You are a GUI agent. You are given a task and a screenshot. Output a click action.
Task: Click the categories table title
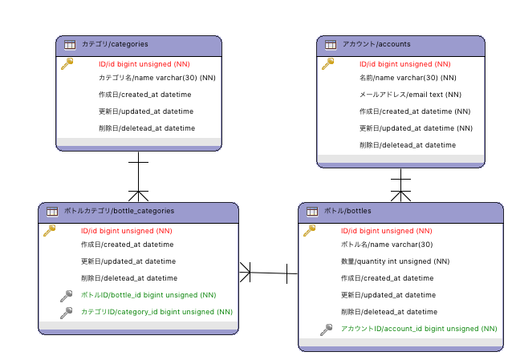point(115,44)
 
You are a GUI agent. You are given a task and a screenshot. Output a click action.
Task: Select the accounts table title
point(376,44)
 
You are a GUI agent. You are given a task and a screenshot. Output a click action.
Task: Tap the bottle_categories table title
point(120,211)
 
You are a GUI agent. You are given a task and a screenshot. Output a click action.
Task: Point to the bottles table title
point(347,211)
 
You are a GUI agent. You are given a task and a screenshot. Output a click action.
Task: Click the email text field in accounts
point(410,95)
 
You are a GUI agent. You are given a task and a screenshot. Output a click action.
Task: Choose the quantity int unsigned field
point(396,261)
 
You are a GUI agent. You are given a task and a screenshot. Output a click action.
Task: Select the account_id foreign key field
point(419,329)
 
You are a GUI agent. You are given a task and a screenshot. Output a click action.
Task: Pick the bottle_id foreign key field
point(148,295)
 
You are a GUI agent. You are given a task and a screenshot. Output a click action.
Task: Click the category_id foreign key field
point(156,312)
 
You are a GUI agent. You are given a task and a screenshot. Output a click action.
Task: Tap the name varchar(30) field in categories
point(157,78)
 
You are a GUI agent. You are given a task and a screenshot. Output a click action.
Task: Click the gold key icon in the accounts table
point(328,63)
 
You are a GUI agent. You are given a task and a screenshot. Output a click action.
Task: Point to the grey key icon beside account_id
point(326,330)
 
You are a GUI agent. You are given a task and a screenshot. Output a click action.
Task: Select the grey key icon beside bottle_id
point(67,296)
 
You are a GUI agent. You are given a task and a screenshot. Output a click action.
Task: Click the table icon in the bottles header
point(312,212)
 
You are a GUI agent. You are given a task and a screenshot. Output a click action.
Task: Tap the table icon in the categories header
point(70,45)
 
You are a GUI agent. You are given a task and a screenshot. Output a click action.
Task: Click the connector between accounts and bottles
point(400,185)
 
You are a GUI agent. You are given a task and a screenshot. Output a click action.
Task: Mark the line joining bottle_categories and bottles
point(268,273)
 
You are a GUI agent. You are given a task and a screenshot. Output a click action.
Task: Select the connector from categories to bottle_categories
point(139,176)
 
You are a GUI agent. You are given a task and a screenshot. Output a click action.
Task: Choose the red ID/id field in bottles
point(387,231)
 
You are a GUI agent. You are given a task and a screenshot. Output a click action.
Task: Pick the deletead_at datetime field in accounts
point(408,145)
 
